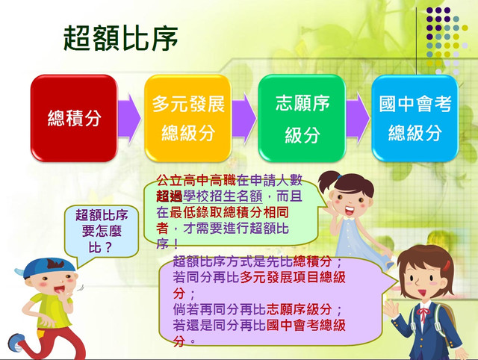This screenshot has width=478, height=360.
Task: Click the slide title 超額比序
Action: pos(121,38)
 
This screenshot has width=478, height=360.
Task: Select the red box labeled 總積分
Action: pos(74,118)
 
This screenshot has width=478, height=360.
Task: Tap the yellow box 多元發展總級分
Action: pos(187,118)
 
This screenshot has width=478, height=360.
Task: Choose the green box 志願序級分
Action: pos(302,118)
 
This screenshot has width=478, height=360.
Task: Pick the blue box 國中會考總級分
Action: pos(415,118)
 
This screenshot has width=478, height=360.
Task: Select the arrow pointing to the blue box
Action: pos(358,118)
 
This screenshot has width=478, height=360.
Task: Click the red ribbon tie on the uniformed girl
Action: pos(423,314)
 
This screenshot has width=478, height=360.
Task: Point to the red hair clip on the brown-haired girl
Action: pos(447,265)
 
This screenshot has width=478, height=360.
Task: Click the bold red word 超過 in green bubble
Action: pos(170,196)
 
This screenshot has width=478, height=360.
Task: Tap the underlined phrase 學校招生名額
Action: pos(223,196)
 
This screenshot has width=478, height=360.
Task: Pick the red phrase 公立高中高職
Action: pos(196,181)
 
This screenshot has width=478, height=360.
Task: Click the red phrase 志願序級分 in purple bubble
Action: pos(299,309)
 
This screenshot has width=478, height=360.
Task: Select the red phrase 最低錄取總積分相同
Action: pos(229,212)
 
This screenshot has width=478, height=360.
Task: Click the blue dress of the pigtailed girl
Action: pos(357,240)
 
